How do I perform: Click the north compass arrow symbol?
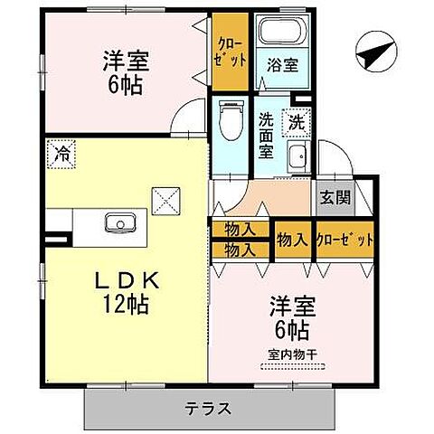click(375, 52)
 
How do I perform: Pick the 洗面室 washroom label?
click(266, 134)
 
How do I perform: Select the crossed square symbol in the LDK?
click(165, 199)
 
